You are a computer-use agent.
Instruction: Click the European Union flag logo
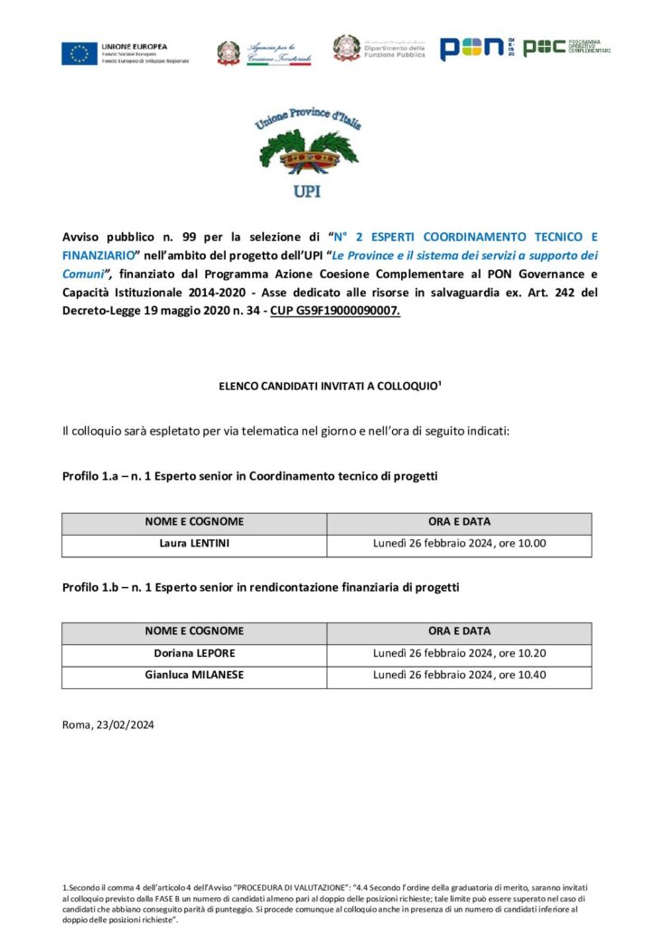79,53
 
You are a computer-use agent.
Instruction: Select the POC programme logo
545,48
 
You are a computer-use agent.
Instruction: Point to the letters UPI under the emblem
307,192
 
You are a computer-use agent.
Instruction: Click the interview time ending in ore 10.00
460,545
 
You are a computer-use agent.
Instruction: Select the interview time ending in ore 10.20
460,653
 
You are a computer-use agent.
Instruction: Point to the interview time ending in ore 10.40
460,675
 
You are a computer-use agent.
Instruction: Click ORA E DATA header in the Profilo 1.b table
460,631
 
